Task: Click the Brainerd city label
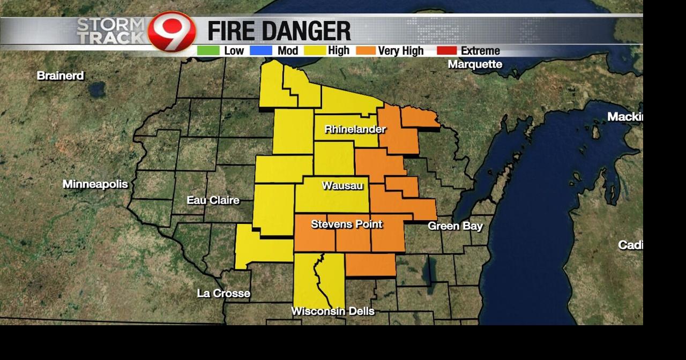pyautogui.click(x=60, y=76)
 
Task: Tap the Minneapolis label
pyautogui.click(x=95, y=184)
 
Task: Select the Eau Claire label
pyautogui.click(x=213, y=200)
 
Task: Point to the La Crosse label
pyautogui.click(x=223, y=294)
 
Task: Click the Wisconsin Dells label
pyautogui.click(x=333, y=311)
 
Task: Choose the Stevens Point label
pyautogui.click(x=347, y=224)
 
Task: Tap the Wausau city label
pyautogui.click(x=342, y=186)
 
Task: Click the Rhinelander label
pyautogui.click(x=355, y=130)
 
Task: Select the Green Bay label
pyautogui.click(x=455, y=226)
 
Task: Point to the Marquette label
pyautogui.click(x=475, y=64)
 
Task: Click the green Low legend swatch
pyautogui.click(x=208, y=51)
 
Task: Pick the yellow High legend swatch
pyautogui.click(x=315, y=51)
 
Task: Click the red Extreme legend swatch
pyautogui.click(x=446, y=51)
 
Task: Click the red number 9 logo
pyautogui.click(x=171, y=32)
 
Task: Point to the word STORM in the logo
pyautogui.click(x=110, y=25)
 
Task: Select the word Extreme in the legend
pyautogui.click(x=480, y=51)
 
